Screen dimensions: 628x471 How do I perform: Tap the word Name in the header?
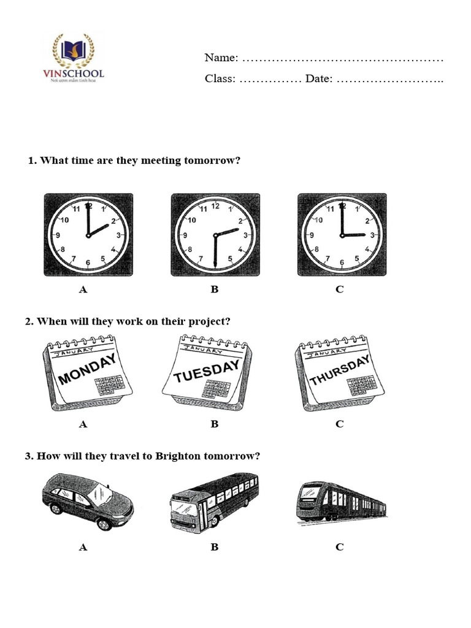221,58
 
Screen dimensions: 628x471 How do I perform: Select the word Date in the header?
318,78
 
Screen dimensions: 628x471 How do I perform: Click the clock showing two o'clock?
88,235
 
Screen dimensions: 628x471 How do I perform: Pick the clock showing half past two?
215,235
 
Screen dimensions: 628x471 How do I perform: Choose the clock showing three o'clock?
342,235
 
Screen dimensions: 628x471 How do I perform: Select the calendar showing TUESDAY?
207,370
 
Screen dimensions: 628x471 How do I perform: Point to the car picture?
88,501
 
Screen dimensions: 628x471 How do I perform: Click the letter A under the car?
83,547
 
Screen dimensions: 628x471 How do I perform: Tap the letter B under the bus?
215,547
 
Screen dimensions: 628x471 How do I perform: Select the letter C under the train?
340,547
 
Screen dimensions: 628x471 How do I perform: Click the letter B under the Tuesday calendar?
215,424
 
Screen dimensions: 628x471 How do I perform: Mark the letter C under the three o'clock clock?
340,289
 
